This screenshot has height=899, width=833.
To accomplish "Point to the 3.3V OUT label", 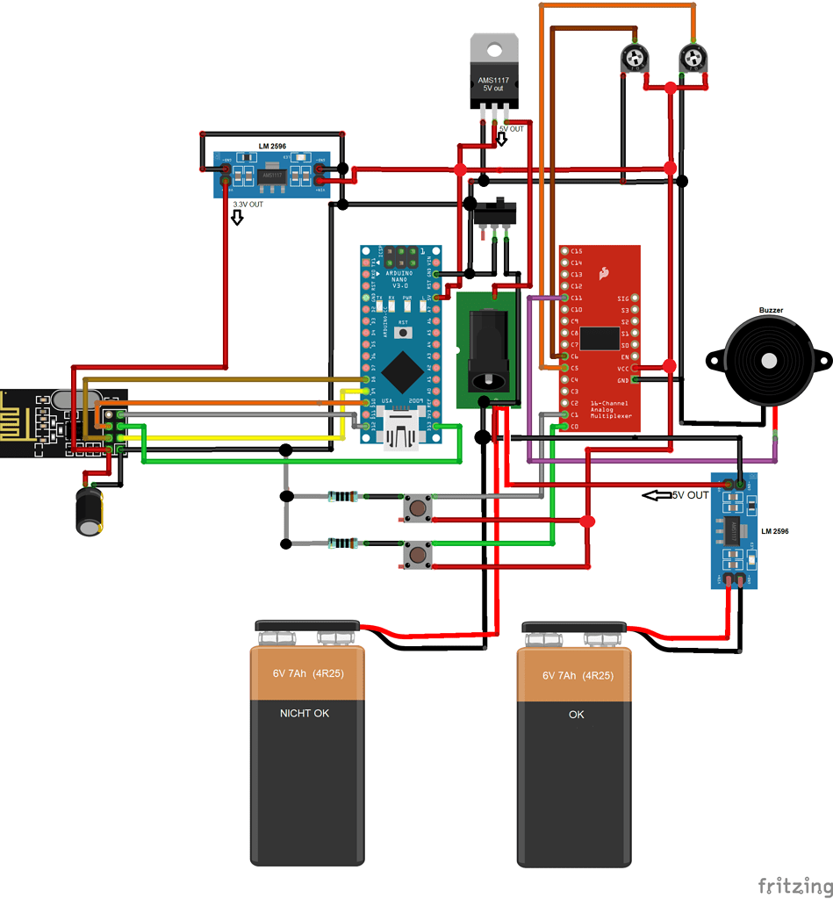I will pos(247,205).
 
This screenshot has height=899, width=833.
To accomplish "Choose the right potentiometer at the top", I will pos(693,60).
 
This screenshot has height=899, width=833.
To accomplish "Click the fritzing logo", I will pos(794,885).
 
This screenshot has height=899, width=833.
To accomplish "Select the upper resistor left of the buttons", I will pos(342,497).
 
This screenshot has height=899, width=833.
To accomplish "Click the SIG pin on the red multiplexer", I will pos(635,298).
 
